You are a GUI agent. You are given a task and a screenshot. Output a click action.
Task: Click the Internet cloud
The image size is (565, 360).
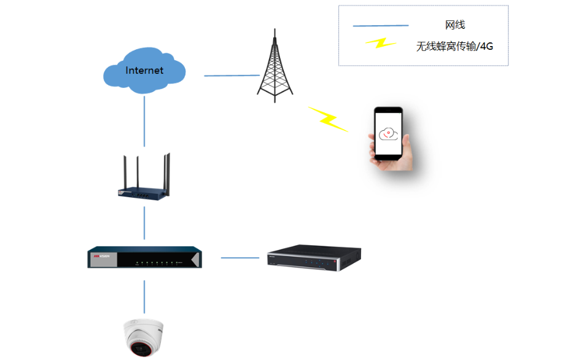click(x=145, y=71)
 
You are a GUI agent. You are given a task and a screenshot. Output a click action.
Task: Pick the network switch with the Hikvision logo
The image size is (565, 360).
click(x=144, y=258)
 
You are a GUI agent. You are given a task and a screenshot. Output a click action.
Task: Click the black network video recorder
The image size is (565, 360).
click(x=314, y=257)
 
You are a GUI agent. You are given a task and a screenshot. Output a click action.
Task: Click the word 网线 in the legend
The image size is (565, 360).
click(x=455, y=25)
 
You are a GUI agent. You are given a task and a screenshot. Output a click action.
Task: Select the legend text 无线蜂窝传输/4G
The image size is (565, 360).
click(x=454, y=46)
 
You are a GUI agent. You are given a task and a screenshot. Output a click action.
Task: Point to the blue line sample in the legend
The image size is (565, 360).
click(x=381, y=26)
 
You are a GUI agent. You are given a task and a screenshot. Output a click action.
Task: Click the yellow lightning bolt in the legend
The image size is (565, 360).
click(x=381, y=44)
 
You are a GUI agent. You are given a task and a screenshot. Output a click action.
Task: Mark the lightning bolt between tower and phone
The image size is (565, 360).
click(x=328, y=119)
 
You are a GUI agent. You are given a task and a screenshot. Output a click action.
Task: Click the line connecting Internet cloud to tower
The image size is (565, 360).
click(x=232, y=76)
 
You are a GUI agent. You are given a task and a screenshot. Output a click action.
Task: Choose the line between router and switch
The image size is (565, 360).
click(x=145, y=222)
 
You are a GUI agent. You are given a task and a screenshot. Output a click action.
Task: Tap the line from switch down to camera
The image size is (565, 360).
click(x=145, y=296)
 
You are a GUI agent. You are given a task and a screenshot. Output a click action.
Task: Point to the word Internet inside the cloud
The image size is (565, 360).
click(x=144, y=71)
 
